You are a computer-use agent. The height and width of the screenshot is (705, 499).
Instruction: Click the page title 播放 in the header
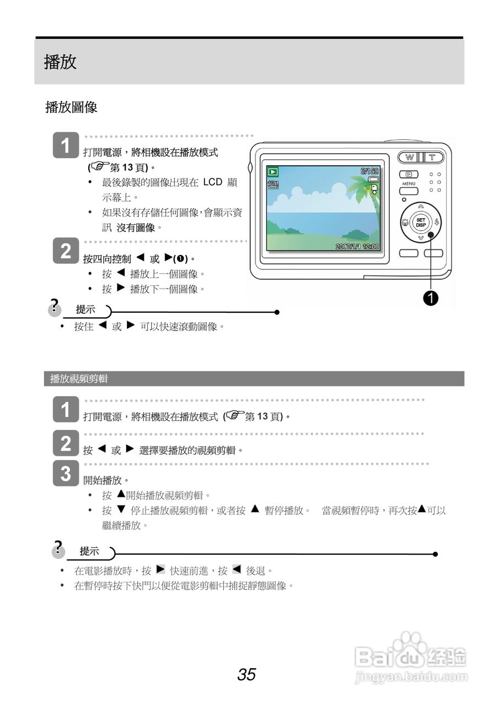point(60,62)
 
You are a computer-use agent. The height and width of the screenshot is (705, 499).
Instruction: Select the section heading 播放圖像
point(71,107)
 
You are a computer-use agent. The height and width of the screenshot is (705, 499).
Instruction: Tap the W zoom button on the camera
point(410,157)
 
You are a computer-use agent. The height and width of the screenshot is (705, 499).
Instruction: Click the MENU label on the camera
point(409,183)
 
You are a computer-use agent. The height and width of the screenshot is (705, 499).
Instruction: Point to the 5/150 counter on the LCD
point(369,171)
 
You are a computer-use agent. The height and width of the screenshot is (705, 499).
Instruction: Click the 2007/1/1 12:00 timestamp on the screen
point(357,246)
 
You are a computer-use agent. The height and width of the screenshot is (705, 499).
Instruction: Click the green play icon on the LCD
point(273,172)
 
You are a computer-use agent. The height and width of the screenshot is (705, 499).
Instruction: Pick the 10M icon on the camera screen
point(273,185)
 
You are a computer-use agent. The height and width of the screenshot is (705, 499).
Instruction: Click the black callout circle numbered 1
point(431,297)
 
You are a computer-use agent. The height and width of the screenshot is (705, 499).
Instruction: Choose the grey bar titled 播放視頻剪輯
point(254,378)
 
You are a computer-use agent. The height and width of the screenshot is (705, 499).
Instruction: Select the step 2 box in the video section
point(66,443)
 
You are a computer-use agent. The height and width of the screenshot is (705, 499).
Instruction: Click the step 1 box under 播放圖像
point(66,146)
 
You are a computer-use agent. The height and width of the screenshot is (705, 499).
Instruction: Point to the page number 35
point(246,674)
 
